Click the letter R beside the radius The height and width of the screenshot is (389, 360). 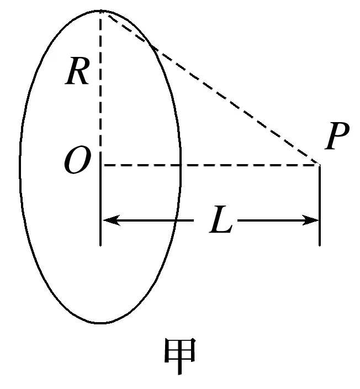pyautogui.click(x=77, y=73)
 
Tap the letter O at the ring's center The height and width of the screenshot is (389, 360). pyautogui.click(x=77, y=163)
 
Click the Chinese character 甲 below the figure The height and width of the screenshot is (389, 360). pyautogui.click(x=180, y=358)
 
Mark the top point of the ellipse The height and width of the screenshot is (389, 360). pyautogui.click(x=100, y=10)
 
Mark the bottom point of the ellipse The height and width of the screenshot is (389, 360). pyautogui.click(x=100, y=323)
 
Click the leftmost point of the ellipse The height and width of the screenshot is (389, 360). pyautogui.click(x=20, y=166)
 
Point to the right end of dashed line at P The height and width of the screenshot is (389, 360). pyautogui.click(x=320, y=165)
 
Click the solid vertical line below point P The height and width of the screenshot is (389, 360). pyautogui.click(x=320, y=204)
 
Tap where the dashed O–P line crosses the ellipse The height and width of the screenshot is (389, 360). pyautogui.click(x=181, y=165)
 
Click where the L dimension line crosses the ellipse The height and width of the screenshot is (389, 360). pyautogui.click(x=176, y=220)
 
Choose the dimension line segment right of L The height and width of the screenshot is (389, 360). pyautogui.click(x=271, y=220)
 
